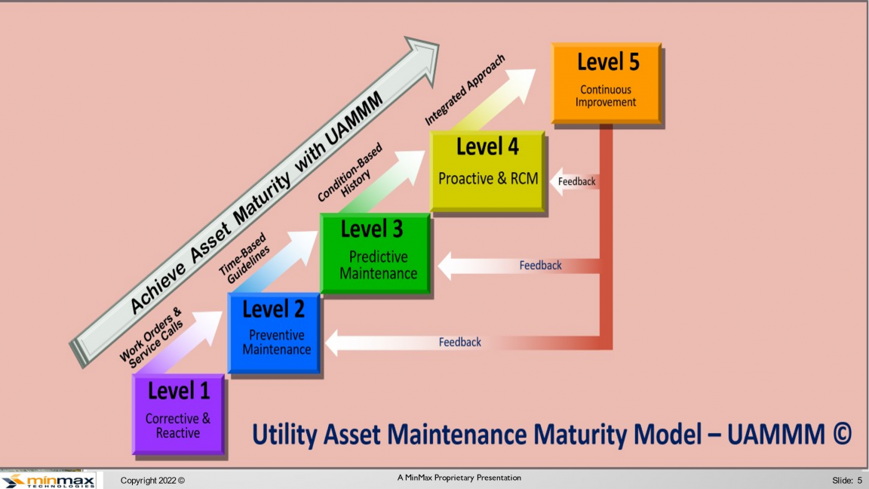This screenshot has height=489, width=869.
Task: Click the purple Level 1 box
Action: (x=179, y=414)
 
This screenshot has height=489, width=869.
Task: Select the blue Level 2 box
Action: (x=275, y=334)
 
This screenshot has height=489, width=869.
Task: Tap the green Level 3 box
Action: (x=376, y=254)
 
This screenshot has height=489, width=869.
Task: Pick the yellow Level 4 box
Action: (x=488, y=171)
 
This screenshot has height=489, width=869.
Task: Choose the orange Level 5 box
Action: (x=606, y=83)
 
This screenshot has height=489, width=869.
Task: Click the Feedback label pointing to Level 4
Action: (x=576, y=181)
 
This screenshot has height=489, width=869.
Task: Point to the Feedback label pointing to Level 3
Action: (x=540, y=266)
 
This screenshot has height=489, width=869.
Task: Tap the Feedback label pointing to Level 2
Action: (x=460, y=342)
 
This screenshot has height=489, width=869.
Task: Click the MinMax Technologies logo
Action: (x=48, y=480)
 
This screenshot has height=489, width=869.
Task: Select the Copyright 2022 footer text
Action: (x=152, y=481)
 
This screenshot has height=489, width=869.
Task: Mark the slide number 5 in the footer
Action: (x=860, y=480)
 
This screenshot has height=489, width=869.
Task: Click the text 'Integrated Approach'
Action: (x=465, y=89)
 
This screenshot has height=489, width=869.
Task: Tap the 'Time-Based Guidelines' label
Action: (x=244, y=258)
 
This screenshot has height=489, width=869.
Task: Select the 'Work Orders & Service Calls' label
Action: (x=152, y=337)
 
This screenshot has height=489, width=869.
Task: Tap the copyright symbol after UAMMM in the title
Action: (x=842, y=433)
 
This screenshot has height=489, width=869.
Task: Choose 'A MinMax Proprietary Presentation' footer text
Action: (x=459, y=478)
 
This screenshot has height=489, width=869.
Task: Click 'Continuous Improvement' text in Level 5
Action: (x=606, y=96)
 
